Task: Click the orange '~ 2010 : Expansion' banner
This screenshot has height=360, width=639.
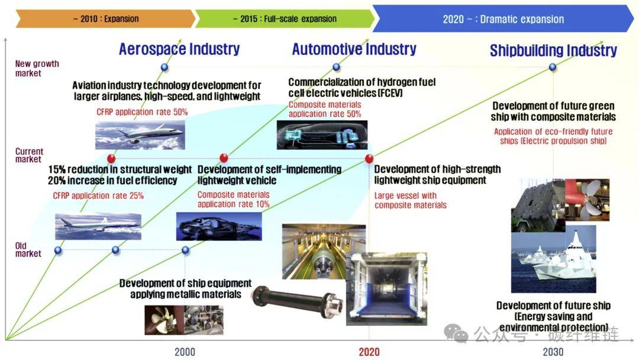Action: tap(105, 19)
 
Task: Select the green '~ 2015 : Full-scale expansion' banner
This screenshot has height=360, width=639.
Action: tap(285, 19)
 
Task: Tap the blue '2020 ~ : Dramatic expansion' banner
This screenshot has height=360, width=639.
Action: tap(504, 19)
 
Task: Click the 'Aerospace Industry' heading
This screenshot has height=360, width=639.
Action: tap(179, 49)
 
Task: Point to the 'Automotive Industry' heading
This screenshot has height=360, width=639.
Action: tap(354, 49)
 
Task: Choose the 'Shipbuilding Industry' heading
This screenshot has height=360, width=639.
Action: tap(553, 50)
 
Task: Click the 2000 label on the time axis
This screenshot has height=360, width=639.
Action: tap(185, 352)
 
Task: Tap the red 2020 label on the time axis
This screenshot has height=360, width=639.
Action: tap(369, 352)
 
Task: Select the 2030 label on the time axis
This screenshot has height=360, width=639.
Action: tap(553, 352)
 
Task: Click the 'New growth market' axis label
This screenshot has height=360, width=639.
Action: tap(37, 69)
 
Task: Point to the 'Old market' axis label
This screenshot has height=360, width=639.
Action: tap(28, 249)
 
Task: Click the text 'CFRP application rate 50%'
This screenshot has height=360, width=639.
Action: tap(142, 112)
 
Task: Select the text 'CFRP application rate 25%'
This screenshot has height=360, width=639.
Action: tap(98, 196)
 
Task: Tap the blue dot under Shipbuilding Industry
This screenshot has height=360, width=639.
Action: tap(553, 67)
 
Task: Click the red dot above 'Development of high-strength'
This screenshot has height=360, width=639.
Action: tap(369, 159)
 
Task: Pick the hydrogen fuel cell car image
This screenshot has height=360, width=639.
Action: tap(322, 135)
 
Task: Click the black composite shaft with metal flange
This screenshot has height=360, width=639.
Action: tap(297, 302)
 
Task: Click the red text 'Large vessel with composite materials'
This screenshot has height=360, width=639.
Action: tap(411, 200)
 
